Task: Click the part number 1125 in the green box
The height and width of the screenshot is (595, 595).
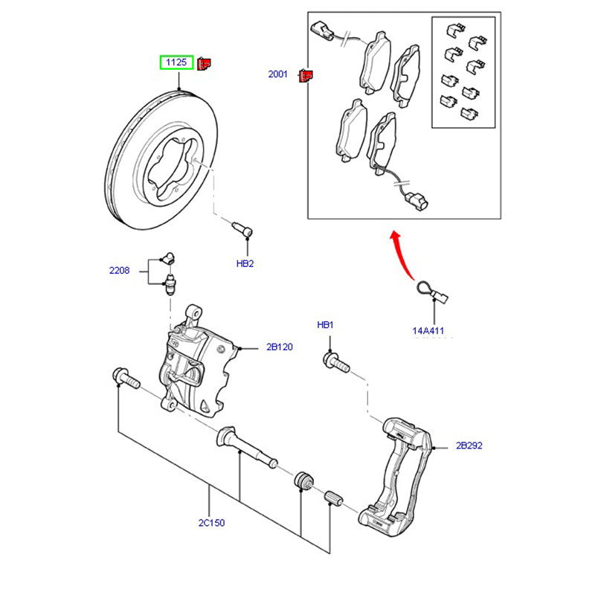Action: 176,62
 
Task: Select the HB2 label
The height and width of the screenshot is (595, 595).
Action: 245,263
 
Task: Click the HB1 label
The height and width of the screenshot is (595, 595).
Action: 326,325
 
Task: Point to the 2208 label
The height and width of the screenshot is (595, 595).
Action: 119,271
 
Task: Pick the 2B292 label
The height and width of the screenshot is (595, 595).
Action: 469,446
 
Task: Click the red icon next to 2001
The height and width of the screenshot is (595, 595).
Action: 305,75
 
